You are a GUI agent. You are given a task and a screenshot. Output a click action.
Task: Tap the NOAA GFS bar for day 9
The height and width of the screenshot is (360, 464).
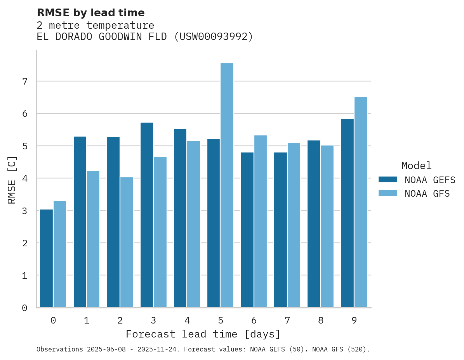tap(361, 202)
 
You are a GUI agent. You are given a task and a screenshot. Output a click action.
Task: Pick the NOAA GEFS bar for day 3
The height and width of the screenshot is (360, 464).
tap(147, 215)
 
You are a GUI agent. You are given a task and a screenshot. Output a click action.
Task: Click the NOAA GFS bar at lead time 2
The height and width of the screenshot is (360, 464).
tap(127, 242)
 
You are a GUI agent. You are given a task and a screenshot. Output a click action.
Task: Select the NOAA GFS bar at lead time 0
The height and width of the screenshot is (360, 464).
tap(60, 254)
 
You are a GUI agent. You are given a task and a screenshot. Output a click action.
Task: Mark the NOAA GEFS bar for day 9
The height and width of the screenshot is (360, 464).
tap(347, 213)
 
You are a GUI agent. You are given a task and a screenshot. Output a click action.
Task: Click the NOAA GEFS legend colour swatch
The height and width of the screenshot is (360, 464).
tap(388, 180)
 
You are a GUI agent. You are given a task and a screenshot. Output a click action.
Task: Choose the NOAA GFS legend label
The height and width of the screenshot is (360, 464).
tap(427, 194)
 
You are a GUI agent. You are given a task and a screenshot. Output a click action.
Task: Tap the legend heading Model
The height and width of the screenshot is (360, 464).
tap(416, 166)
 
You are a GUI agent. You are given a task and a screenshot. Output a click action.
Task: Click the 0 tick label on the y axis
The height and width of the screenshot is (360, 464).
tap(24, 308)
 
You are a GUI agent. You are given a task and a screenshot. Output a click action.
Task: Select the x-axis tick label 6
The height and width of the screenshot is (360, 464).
tap(254, 320)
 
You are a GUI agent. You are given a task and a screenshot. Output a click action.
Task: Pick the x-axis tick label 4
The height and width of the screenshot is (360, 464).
tap(187, 320)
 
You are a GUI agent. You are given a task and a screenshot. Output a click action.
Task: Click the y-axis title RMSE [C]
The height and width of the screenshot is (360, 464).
tap(12, 180)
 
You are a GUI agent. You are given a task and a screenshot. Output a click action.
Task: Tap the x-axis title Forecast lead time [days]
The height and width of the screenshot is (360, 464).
tap(203, 334)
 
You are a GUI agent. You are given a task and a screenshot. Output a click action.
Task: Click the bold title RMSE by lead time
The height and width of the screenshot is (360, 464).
tap(90, 13)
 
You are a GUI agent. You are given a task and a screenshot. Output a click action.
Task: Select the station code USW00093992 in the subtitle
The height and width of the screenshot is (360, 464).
tap(213, 37)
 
